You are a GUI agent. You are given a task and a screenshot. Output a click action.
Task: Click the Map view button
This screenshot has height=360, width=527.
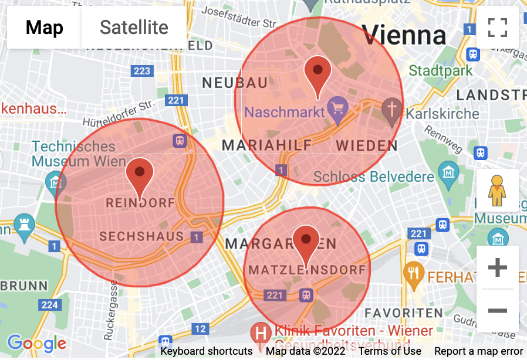point(45,28)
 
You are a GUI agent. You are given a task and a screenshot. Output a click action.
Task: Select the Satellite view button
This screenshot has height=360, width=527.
point(134,28)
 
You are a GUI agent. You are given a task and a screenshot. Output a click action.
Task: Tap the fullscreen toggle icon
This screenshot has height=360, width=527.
point(497,28)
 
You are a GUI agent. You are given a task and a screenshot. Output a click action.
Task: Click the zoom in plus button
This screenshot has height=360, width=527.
point(497,268)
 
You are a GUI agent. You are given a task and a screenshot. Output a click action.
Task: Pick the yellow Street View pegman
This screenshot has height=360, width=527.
point(497,191)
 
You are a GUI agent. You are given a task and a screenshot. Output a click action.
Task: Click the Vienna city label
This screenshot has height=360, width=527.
point(404,36)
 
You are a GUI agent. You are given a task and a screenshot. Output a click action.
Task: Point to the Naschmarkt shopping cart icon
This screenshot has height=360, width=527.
point(338,107)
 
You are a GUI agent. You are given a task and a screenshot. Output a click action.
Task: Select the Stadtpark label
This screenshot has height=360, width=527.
point(441,71)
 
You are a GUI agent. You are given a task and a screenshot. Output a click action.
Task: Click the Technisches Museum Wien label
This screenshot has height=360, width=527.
point(79,154)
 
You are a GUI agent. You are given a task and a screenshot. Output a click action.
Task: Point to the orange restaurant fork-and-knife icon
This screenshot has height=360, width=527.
point(414,273)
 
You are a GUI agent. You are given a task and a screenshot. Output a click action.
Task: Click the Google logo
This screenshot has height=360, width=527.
point(36,344)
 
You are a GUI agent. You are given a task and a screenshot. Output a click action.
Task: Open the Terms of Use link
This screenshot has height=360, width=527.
point(390,351)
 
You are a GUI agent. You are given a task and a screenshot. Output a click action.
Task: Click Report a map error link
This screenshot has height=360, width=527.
point(478,351)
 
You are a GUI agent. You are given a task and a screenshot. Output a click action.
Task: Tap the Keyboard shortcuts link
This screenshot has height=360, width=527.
point(207,351)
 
